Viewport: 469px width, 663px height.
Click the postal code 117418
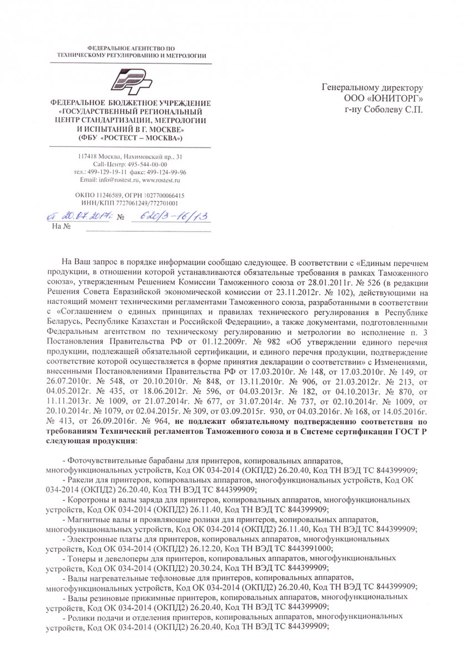coord(87,157)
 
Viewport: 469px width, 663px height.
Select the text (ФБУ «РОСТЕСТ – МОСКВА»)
coord(131,138)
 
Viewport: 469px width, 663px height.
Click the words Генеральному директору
coord(372,87)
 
